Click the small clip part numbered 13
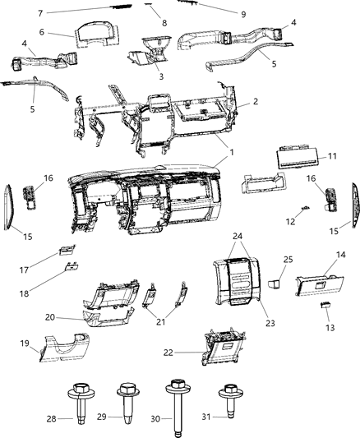(x=325, y=305)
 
